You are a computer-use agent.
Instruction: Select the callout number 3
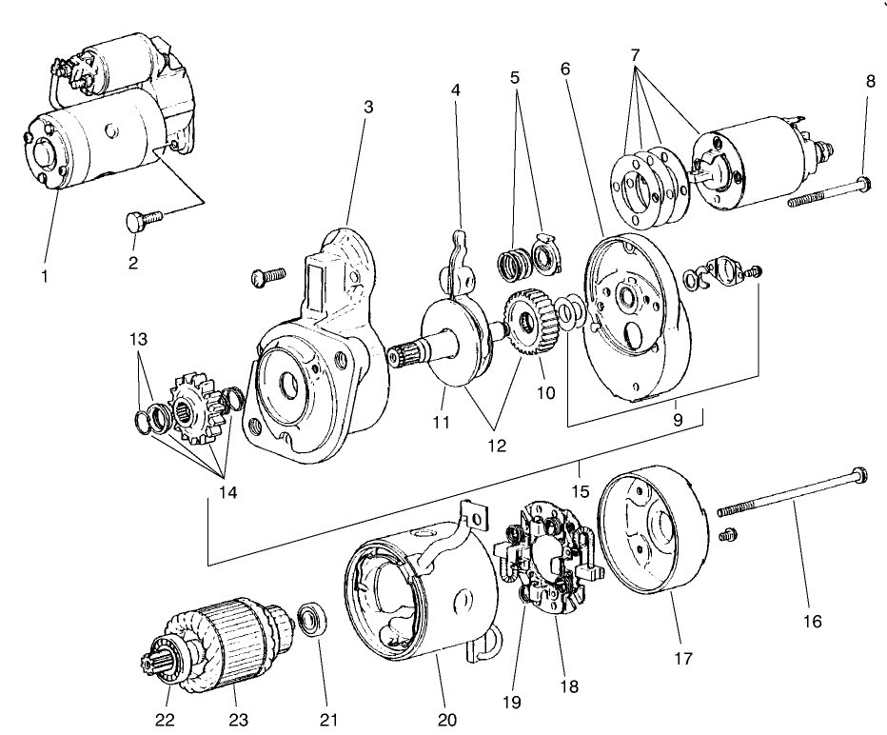click(x=368, y=107)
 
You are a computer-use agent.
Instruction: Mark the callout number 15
click(x=582, y=467)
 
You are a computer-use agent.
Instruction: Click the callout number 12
click(x=499, y=444)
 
